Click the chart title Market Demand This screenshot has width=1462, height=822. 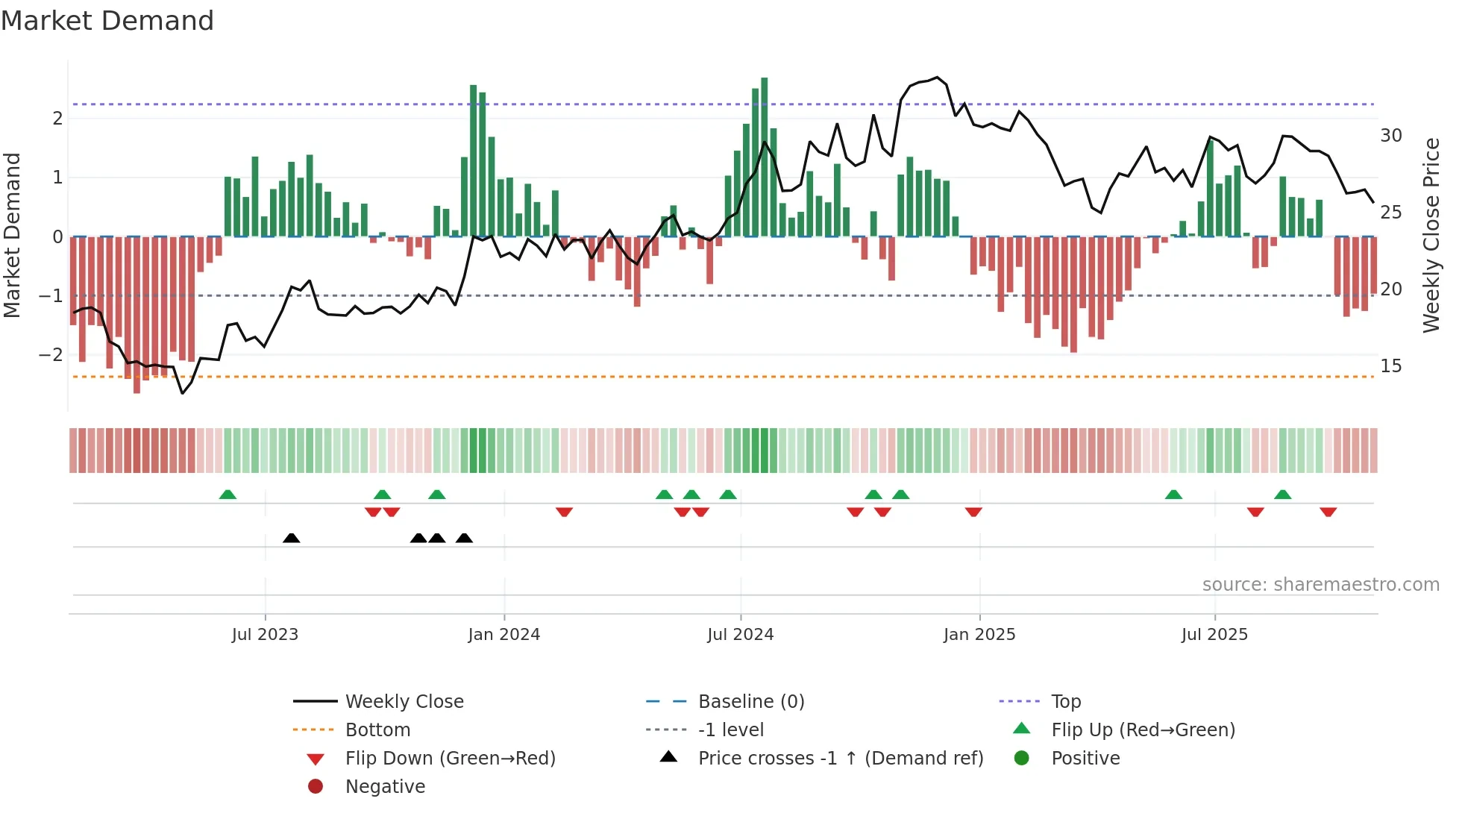[x=107, y=21]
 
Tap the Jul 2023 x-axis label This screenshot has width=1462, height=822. [x=265, y=635]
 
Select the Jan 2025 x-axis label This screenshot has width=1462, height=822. [x=979, y=635]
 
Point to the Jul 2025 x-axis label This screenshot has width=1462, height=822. [x=1214, y=635]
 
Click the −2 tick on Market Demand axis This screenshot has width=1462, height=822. [x=51, y=355]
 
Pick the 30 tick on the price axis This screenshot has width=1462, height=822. [x=1390, y=136]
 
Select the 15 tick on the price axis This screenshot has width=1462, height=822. [x=1390, y=366]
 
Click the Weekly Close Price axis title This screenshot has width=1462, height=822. [x=1431, y=235]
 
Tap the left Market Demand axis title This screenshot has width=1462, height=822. [x=13, y=235]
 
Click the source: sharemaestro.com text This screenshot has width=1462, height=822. [x=1320, y=585]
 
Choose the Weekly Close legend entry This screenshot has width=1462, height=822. [x=404, y=702]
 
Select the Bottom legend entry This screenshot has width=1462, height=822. [x=377, y=730]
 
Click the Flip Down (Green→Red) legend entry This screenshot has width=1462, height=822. [x=450, y=759]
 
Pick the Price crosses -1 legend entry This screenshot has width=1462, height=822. [x=840, y=759]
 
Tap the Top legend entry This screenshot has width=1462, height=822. [x=1066, y=702]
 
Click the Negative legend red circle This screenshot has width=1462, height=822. [x=316, y=787]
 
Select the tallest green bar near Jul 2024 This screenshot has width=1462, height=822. [x=764, y=157]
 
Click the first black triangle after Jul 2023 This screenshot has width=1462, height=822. [x=292, y=539]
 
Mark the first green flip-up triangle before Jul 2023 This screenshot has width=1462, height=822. [x=228, y=495]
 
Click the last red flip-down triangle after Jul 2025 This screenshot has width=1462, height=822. [x=1328, y=512]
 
